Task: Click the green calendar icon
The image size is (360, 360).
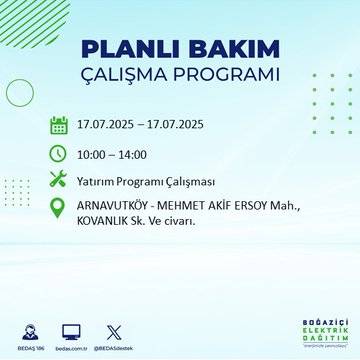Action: click(x=59, y=125)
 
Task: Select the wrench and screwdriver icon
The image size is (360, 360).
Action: click(x=59, y=180)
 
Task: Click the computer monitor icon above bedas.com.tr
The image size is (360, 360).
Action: click(x=73, y=330)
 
